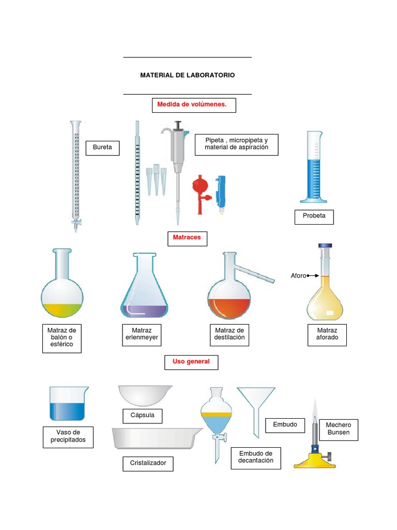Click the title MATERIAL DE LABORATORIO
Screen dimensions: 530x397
187,75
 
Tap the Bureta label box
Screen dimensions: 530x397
102,148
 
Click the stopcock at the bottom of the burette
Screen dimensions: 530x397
77,223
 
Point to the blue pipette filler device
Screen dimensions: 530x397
222,190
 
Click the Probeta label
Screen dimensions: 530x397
314,216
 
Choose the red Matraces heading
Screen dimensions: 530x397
187,238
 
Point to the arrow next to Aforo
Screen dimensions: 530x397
313,276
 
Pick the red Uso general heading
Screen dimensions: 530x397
191,362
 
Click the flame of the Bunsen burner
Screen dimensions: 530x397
315,411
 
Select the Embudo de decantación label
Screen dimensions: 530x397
255,458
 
